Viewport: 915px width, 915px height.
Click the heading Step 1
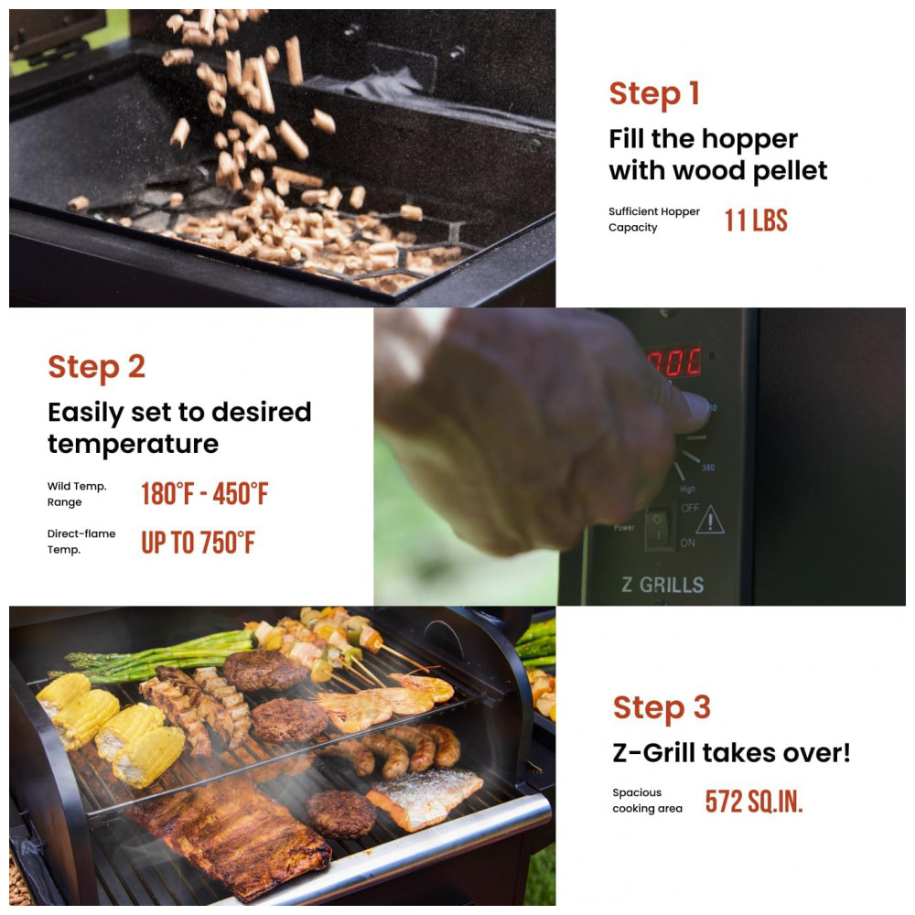[x=654, y=94]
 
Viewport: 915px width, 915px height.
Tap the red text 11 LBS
[x=756, y=221]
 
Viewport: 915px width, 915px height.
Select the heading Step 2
[x=96, y=367]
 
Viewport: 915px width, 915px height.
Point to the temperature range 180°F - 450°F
[x=205, y=494]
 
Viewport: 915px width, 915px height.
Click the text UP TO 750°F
[x=198, y=542]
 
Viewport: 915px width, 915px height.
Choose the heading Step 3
[x=662, y=708]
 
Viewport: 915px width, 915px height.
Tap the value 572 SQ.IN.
[x=754, y=802]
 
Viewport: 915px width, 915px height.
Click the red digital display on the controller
[x=674, y=361]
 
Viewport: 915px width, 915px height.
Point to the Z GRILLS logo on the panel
[x=662, y=585]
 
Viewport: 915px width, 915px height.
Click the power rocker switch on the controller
[x=658, y=528]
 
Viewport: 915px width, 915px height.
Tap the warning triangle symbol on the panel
[x=710, y=520]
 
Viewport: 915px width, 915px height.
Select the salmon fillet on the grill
[x=425, y=797]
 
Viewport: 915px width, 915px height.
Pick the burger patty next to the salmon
[x=341, y=814]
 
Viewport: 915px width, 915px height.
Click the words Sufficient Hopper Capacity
[x=653, y=220]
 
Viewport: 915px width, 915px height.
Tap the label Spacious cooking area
[x=647, y=801]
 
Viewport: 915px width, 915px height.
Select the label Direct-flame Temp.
[x=81, y=542]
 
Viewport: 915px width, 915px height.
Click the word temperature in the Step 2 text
[x=133, y=445]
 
